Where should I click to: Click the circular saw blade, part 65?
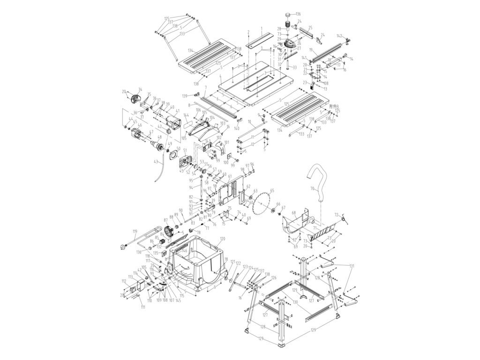click(x=262, y=204)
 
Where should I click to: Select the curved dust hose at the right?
click(x=319, y=180)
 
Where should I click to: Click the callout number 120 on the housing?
click(x=222, y=239)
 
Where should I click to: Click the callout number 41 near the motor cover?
click(x=178, y=111)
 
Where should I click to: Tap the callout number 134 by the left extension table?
click(x=190, y=50)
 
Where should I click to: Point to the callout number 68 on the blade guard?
click(x=294, y=213)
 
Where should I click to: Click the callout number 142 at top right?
click(x=339, y=36)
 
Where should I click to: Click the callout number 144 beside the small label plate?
click(x=186, y=115)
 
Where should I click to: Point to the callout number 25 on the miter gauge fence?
click(x=310, y=28)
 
